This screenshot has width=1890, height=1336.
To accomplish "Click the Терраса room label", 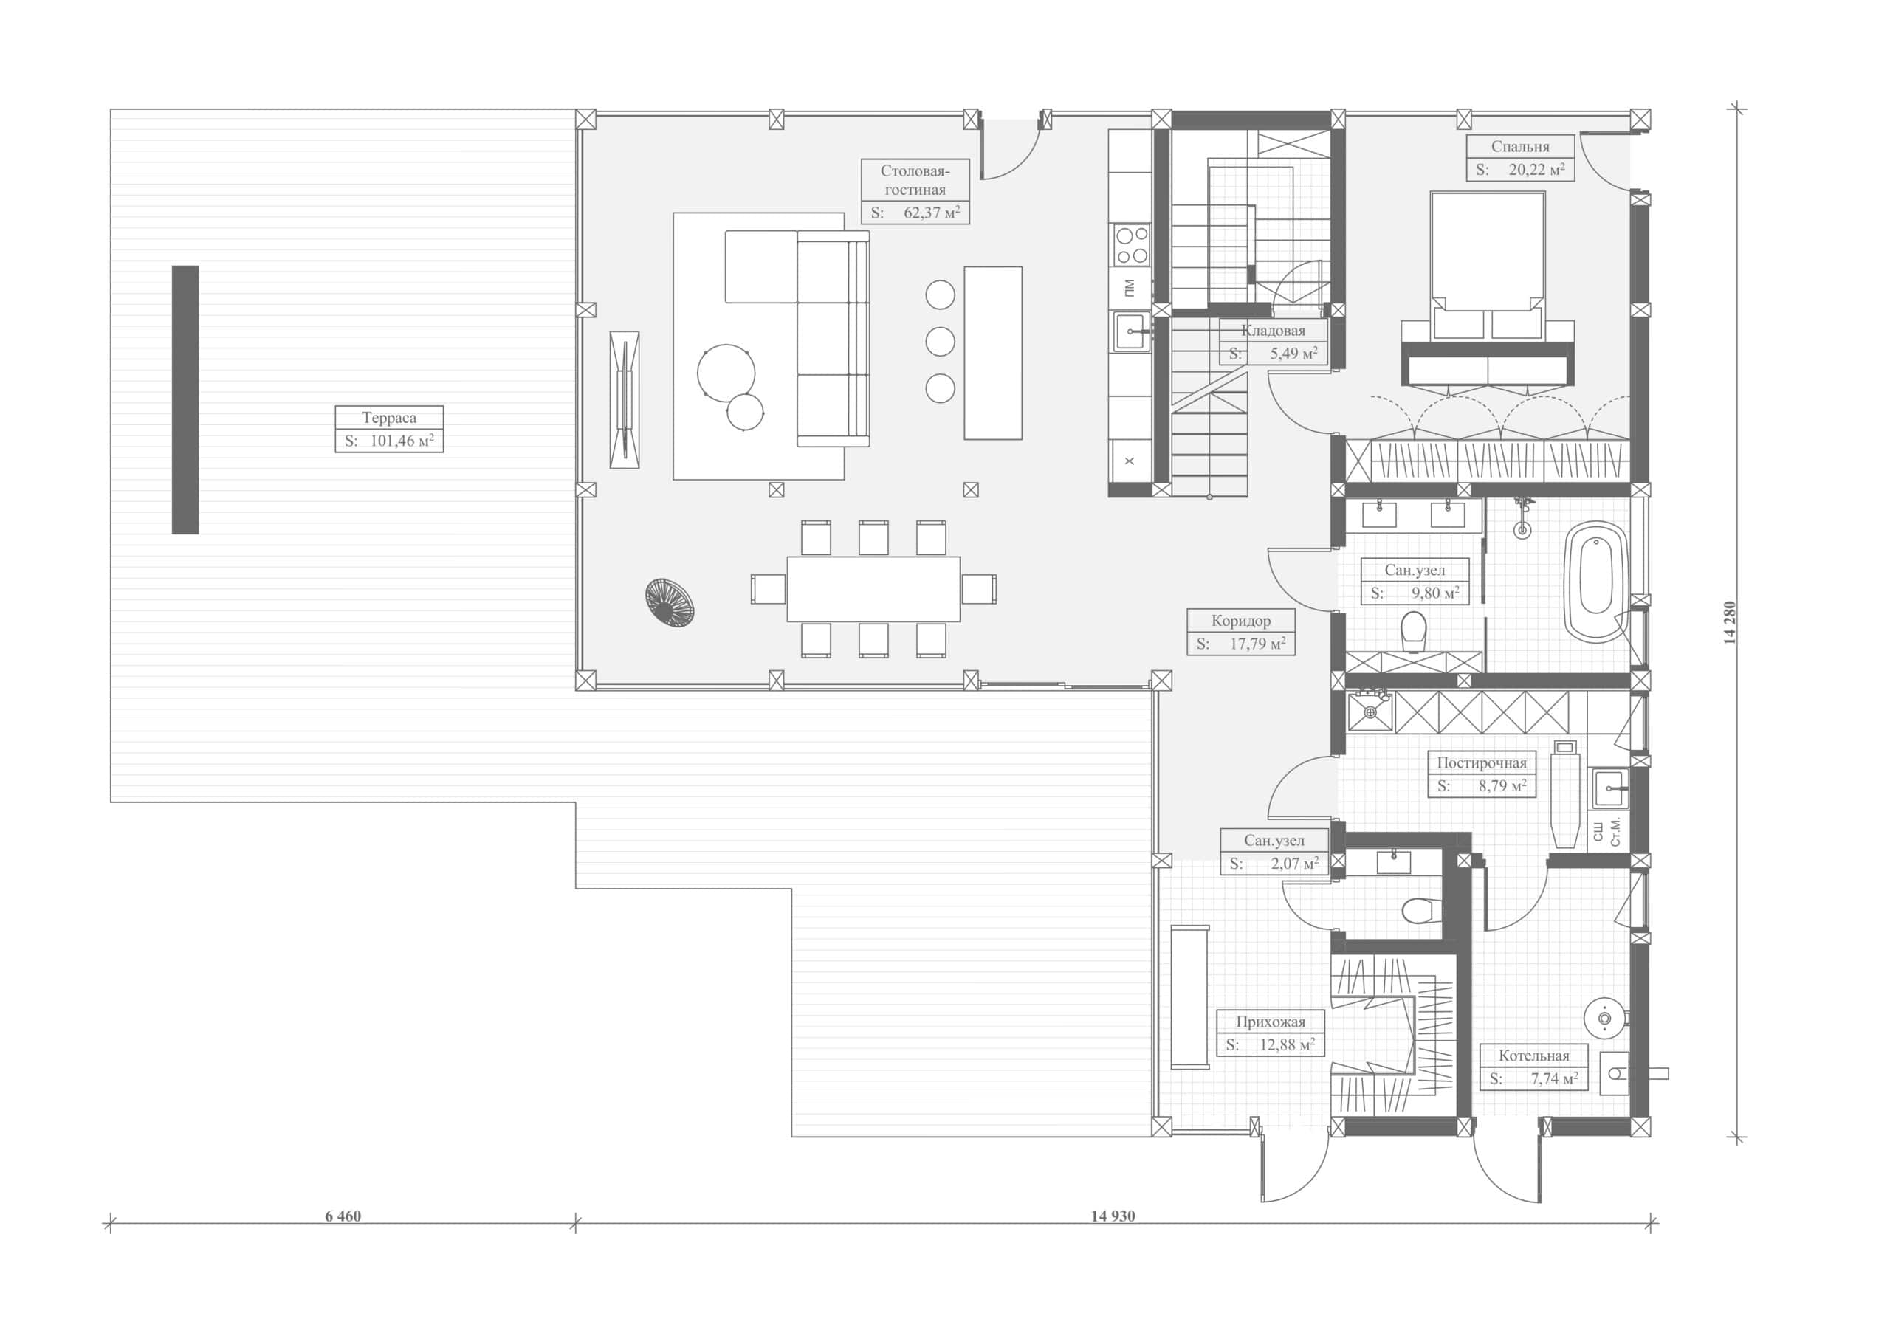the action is (x=388, y=417).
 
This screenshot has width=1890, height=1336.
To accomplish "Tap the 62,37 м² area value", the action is (x=932, y=213).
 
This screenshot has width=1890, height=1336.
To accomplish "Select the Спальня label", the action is (x=1519, y=147).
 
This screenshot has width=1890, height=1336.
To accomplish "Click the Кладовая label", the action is (x=1273, y=331).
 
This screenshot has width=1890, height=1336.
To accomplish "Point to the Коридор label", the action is (x=1240, y=621).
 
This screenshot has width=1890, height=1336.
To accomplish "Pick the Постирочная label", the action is (x=1482, y=762).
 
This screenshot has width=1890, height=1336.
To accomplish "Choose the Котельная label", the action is (x=1533, y=1056).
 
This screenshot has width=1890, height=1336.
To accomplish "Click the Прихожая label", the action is (x=1270, y=1022).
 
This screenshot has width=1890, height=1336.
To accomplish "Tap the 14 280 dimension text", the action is (x=1730, y=622).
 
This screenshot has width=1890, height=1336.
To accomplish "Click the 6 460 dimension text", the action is (x=343, y=1216).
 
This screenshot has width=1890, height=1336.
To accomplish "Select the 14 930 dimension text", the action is (x=1113, y=1216).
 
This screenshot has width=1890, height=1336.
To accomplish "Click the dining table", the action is (x=873, y=589).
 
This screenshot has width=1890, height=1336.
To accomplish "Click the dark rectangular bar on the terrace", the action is (x=185, y=399).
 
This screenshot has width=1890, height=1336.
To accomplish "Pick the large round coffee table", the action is (x=726, y=373).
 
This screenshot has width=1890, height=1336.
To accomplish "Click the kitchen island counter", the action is (x=993, y=353).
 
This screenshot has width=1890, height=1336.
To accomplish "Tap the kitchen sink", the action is (x=1133, y=331).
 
